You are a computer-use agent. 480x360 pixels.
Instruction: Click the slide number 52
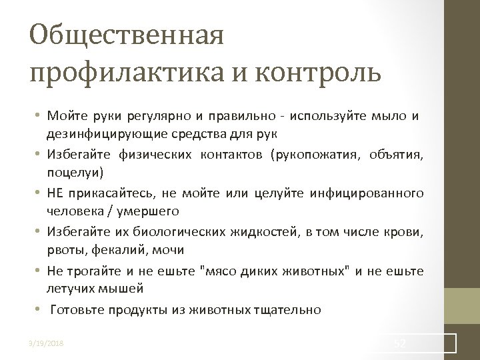point(401,343)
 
